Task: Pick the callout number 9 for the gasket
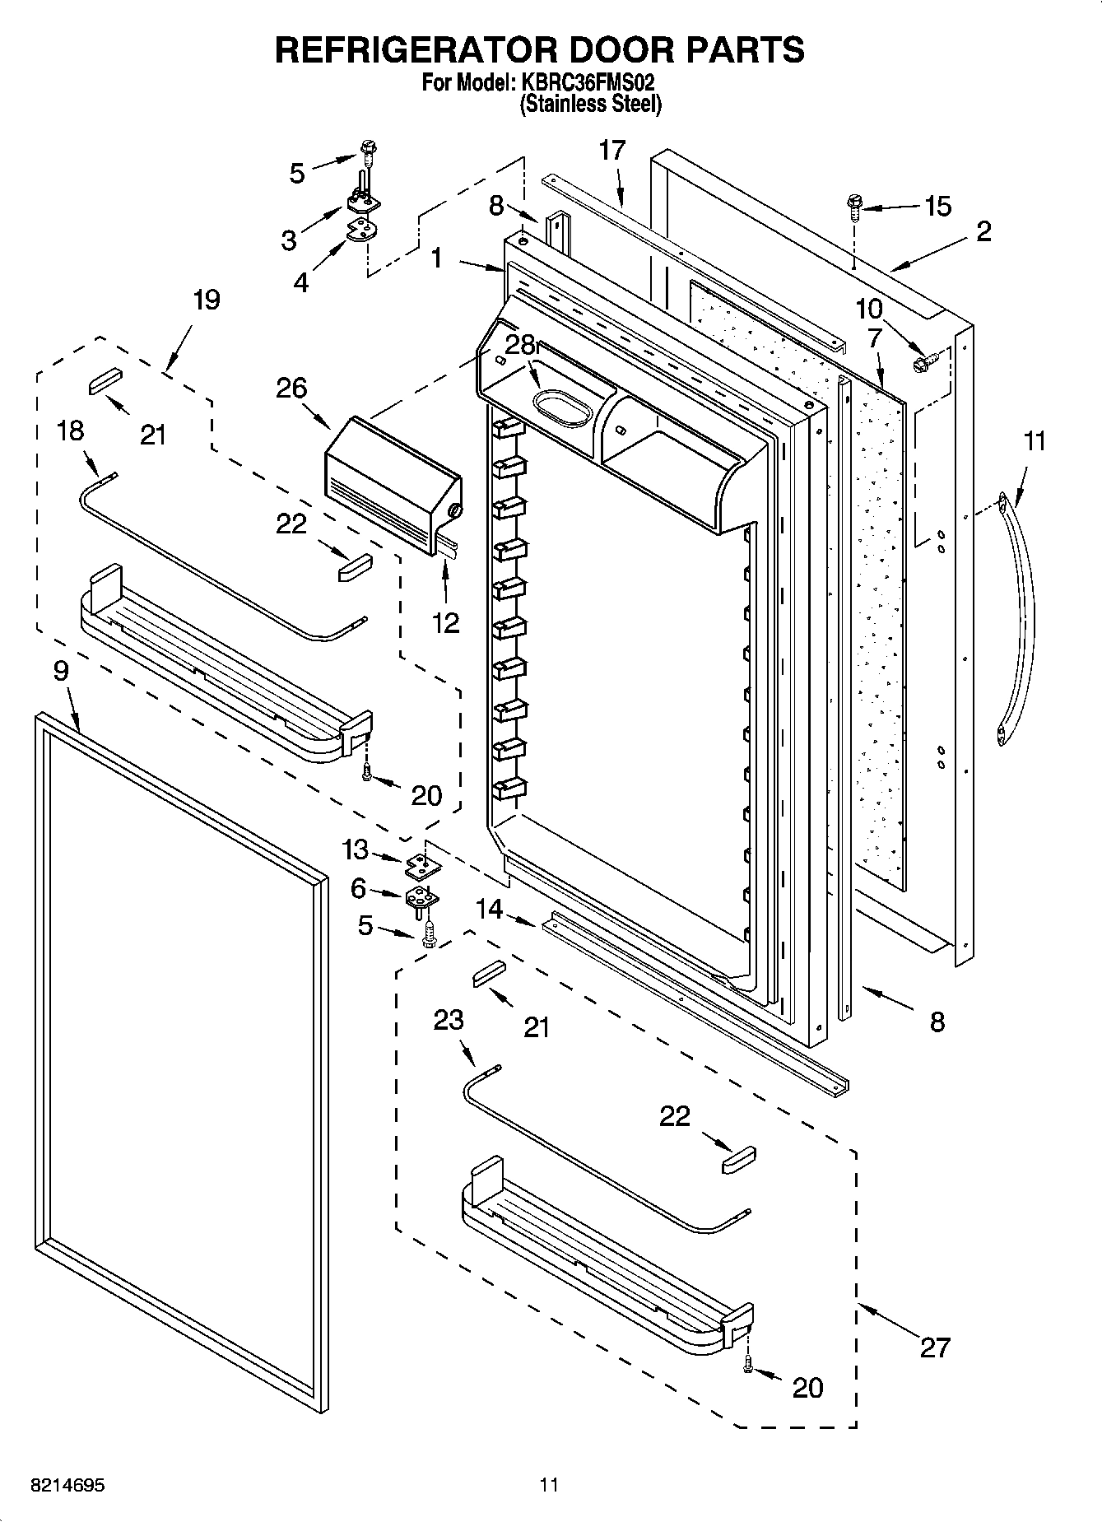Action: (x=61, y=672)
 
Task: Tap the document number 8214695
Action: (x=67, y=1486)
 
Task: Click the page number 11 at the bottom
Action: (x=549, y=1485)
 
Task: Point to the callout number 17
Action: (x=612, y=151)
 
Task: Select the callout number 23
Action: (x=449, y=1021)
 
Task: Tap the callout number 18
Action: (x=71, y=431)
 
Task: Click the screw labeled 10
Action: (x=920, y=361)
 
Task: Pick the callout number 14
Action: (x=489, y=909)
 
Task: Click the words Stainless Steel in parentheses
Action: (x=590, y=105)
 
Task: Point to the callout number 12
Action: (x=445, y=622)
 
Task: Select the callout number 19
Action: (x=206, y=300)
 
